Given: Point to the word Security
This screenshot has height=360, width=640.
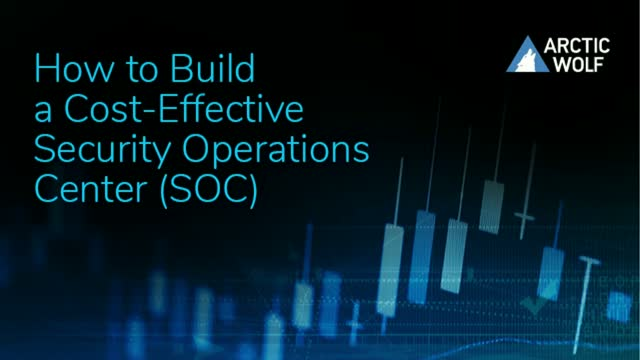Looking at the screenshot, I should click(95, 150).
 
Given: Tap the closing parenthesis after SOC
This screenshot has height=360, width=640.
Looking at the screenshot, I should click(254, 190).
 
